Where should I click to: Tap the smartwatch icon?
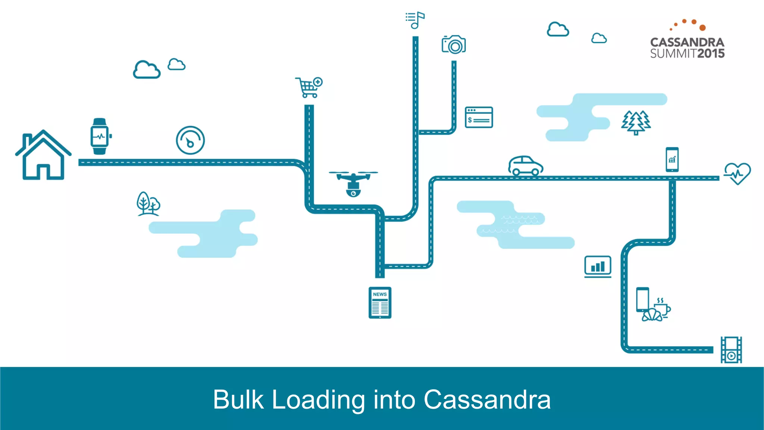[100, 136]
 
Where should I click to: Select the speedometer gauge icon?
[190, 140]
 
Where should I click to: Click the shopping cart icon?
[309, 87]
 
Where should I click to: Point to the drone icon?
[353, 183]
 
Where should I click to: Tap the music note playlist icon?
[415, 20]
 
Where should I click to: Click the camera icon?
[454, 45]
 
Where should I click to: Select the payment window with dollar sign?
[479, 117]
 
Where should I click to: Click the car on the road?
[525, 165]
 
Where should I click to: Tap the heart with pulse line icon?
[737, 173]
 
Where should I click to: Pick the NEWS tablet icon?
[380, 303]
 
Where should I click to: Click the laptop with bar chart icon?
[598, 267]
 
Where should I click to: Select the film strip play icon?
[731, 350]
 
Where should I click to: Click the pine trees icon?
[636, 122]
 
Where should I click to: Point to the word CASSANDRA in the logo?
[687, 42]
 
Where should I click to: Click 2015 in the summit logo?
[711, 54]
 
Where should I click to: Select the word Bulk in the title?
[238, 400]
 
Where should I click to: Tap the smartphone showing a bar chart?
[672, 159]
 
